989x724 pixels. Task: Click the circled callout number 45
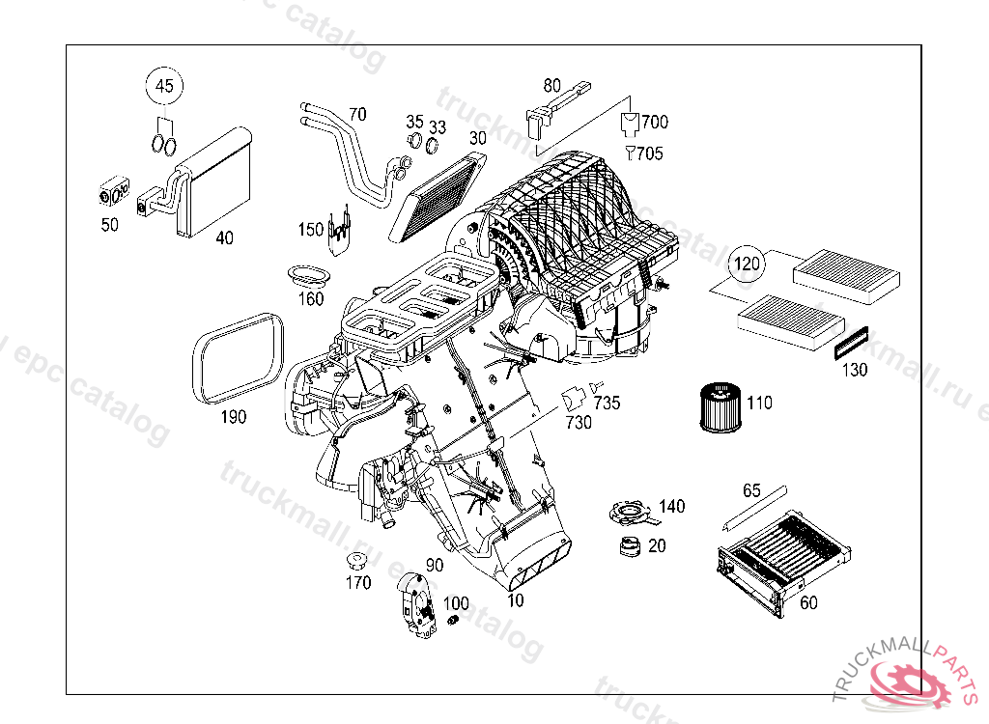pos(165,86)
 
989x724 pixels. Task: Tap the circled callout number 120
pos(746,263)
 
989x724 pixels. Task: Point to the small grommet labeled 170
pos(357,561)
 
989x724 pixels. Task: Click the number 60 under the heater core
pos(808,603)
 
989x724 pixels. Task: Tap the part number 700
pos(655,122)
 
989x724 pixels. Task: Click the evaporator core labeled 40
pos(214,183)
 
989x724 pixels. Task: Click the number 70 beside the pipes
pos(357,114)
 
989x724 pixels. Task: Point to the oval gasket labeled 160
pos(307,274)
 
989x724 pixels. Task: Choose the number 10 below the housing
pos(516,600)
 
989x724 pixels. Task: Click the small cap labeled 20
pos(631,546)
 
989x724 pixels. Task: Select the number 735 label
pos(607,403)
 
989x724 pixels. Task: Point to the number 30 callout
pos(478,138)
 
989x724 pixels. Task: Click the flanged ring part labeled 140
pos(627,511)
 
